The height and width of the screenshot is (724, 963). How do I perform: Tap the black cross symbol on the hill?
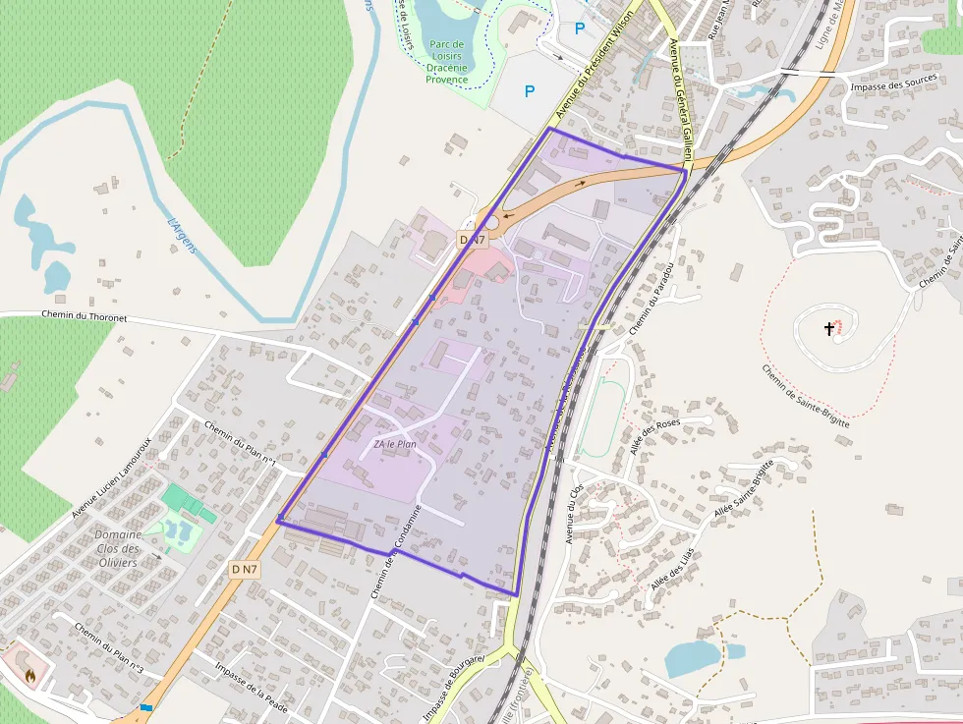829,329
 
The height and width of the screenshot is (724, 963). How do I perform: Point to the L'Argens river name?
183,236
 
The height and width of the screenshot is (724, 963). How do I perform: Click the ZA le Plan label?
395,444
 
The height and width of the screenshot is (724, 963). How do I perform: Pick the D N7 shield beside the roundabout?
472,240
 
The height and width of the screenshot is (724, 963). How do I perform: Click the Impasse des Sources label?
892,85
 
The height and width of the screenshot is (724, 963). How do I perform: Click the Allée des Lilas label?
672,569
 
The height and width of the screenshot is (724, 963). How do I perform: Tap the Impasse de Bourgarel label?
453,687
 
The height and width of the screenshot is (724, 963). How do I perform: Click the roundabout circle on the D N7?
491,221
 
